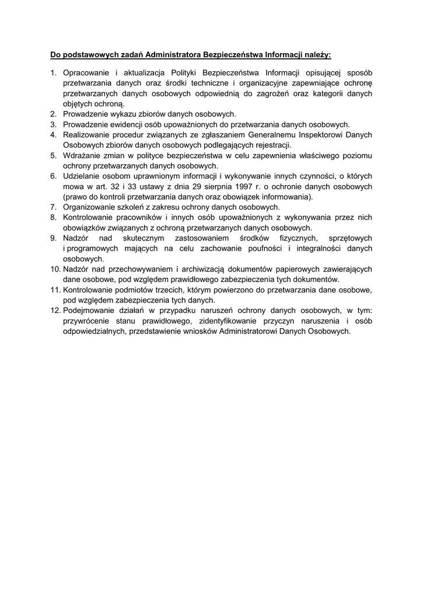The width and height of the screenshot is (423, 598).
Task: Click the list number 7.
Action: point(53,207)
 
